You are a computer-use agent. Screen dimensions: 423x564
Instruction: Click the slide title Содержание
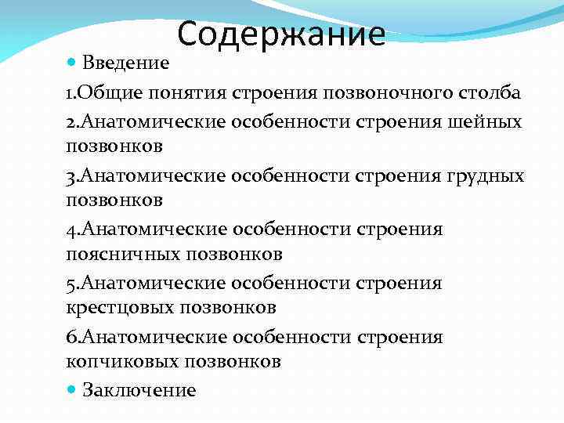(281, 34)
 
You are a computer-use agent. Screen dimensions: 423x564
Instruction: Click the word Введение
(127, 63)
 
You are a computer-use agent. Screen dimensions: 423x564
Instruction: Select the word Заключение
(139, 389)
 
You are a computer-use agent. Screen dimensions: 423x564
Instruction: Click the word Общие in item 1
(103, 93)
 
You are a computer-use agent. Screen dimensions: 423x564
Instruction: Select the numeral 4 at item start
(70, 229)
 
